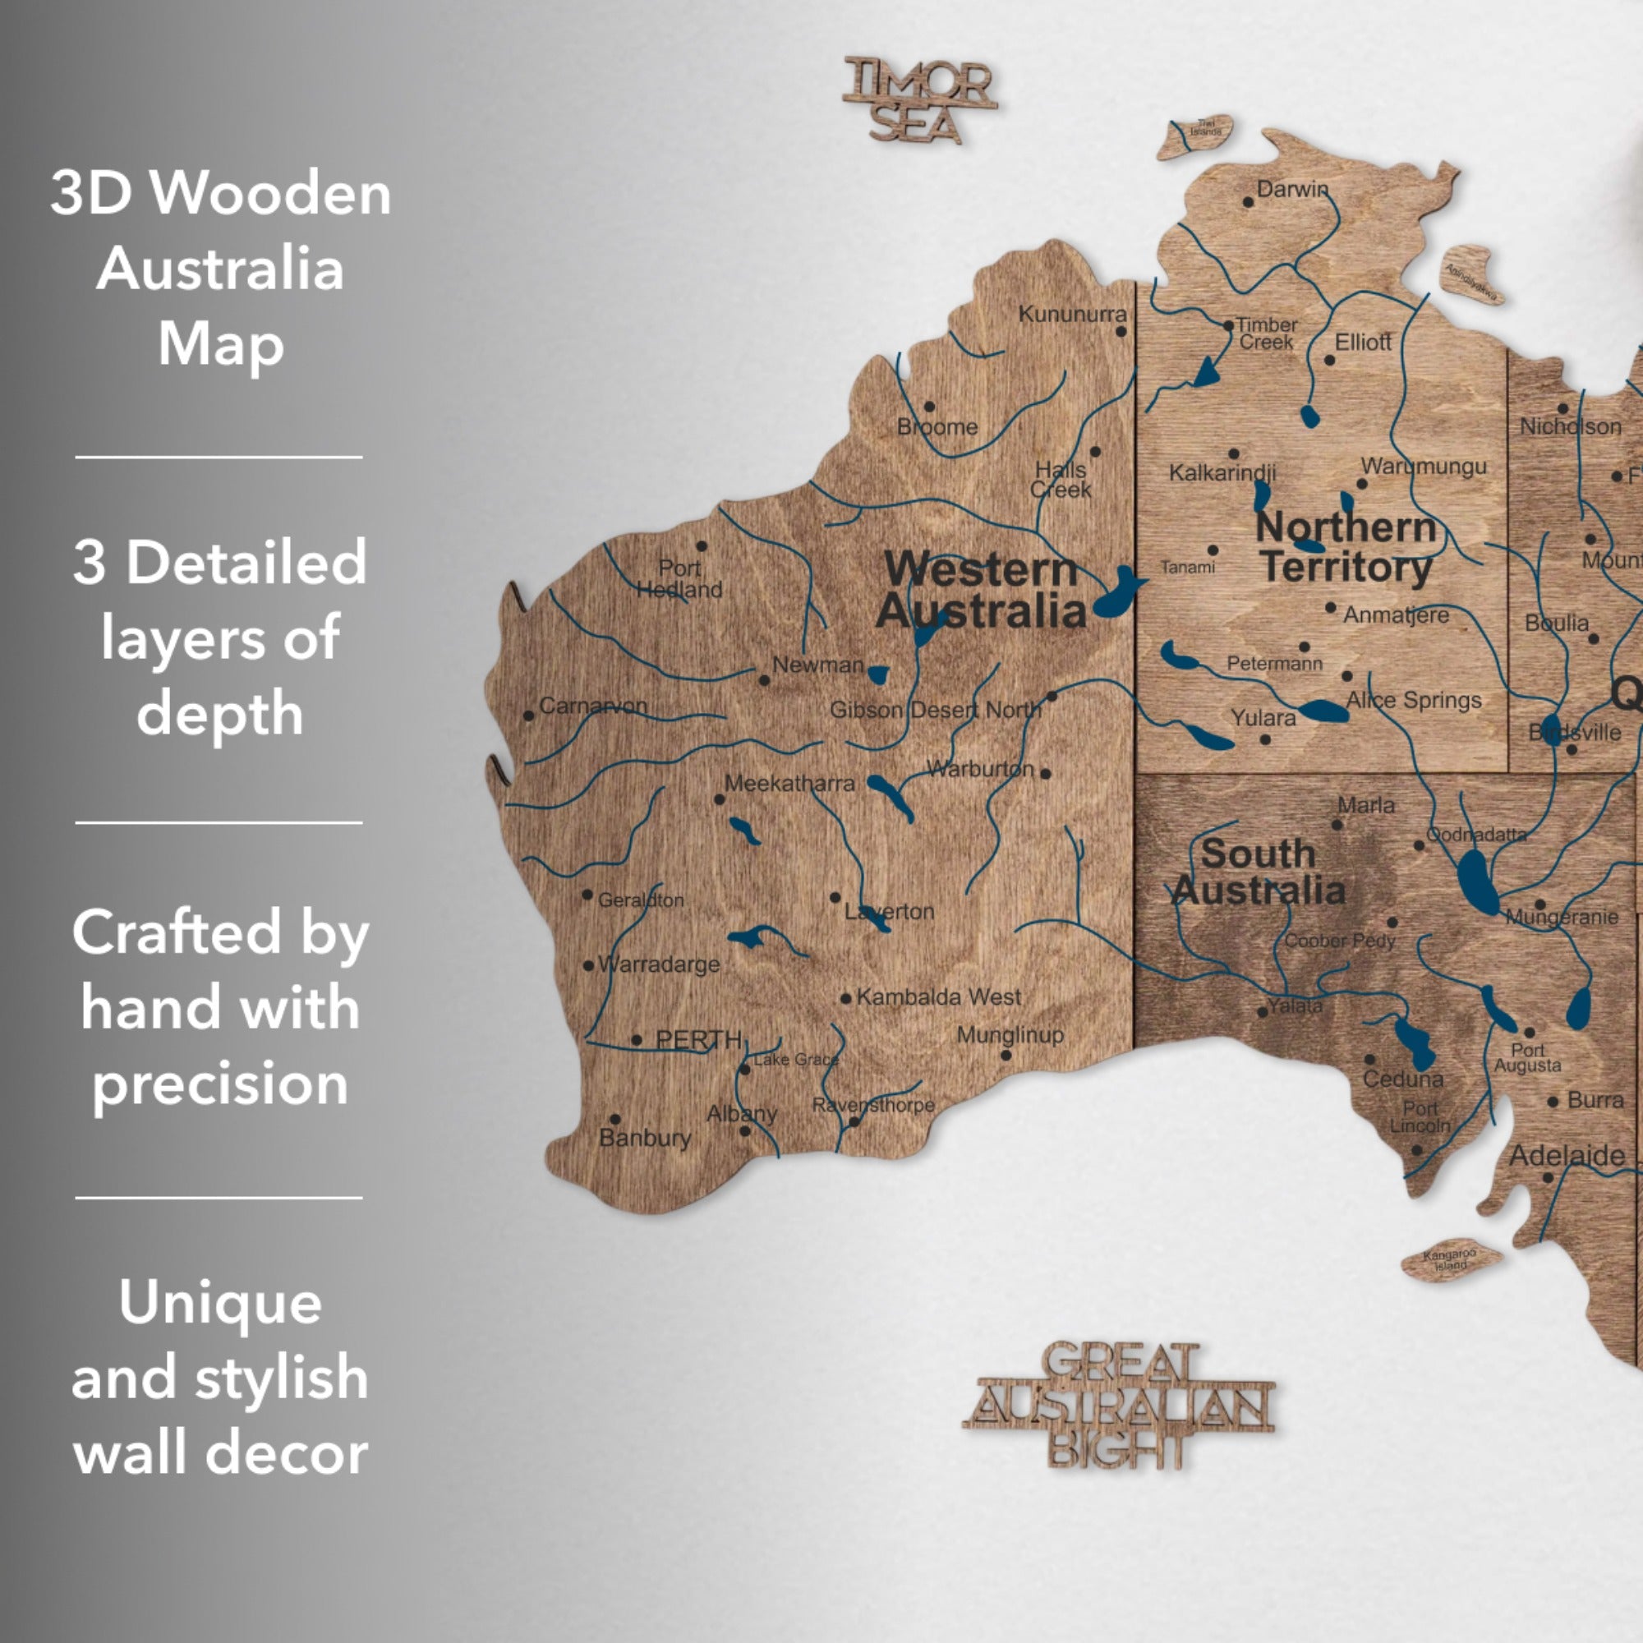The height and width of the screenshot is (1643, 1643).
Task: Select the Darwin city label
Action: coord(1291,189)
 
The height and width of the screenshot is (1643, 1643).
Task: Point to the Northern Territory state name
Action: coord(1346,548)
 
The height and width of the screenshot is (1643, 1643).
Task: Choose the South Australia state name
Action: coord(1258,872)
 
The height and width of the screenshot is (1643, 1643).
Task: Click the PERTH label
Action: coord(698,1039)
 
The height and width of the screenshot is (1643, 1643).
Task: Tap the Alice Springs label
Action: coord(1413,700)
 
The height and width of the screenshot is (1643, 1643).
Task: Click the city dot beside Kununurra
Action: coord(1121,332)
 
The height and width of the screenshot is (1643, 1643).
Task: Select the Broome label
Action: coord(937,427)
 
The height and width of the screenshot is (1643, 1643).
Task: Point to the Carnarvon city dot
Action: coord(529,716)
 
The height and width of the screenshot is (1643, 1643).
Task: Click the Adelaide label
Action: coord(1567,1156)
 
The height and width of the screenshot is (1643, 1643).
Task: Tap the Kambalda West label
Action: coord(938,996)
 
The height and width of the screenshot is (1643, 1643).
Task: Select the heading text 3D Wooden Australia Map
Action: coord(220,268)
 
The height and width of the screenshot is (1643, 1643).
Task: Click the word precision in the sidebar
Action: coord(220,1084)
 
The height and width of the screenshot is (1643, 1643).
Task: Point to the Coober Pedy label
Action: coord(1339,941)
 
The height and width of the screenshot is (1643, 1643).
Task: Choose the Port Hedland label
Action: coord(679,578)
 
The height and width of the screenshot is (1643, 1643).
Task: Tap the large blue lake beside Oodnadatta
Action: coord(1477,881)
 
